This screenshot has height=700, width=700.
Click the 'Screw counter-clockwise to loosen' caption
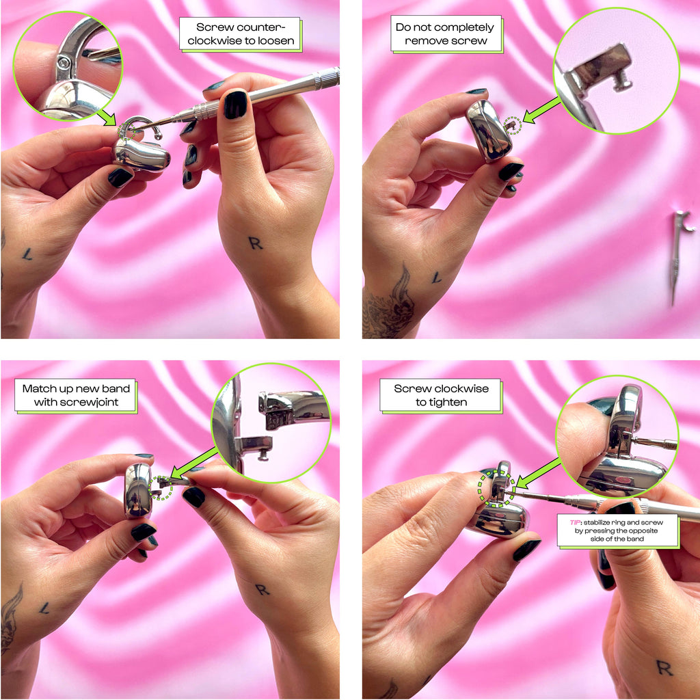click(x=239, y=34)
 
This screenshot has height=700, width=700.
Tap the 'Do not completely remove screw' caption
click(x=445, y=34)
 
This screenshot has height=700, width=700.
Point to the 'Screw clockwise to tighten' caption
click(x=441, y=396)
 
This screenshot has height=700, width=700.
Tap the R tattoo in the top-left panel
click(x=255, y=243)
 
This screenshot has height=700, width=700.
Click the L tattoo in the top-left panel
click(x=27, y=254)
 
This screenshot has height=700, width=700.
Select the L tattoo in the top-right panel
click(x=435, y=278)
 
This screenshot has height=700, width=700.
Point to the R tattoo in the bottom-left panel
click(x=262, y=589)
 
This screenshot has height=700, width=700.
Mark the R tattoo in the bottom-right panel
click(x=663, y=667)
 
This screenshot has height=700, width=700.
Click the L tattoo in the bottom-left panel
click(x=44, y=608)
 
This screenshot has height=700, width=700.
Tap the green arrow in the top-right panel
click(x=540, y=109)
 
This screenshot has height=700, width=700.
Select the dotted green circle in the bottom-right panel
click(x=495, y=488)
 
